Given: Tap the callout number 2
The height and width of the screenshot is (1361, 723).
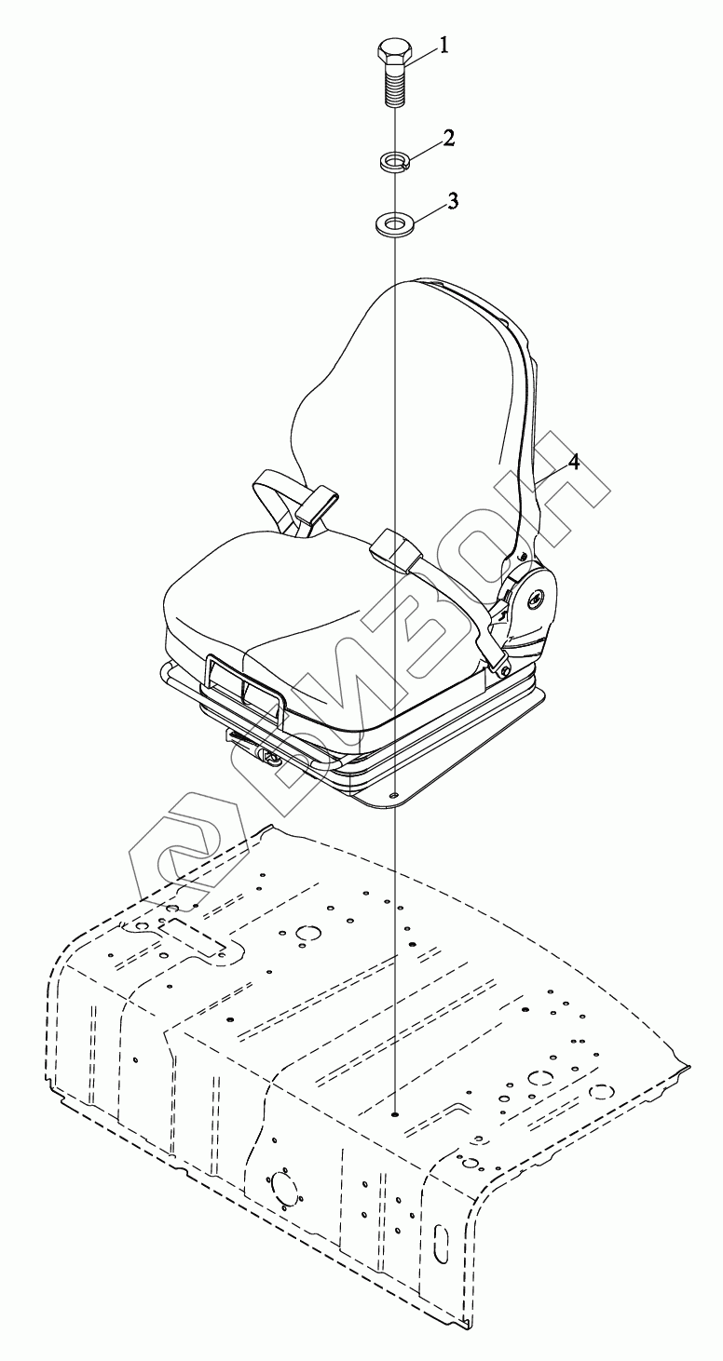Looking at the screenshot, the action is point(449,139).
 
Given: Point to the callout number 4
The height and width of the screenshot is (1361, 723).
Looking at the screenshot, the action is point(574,463).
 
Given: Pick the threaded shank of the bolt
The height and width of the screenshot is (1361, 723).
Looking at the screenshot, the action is point(393,89).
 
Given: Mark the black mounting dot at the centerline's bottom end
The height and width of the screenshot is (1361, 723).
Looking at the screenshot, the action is point(395,1112).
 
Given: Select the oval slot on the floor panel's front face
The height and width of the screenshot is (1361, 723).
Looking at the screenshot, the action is point(439,1244).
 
